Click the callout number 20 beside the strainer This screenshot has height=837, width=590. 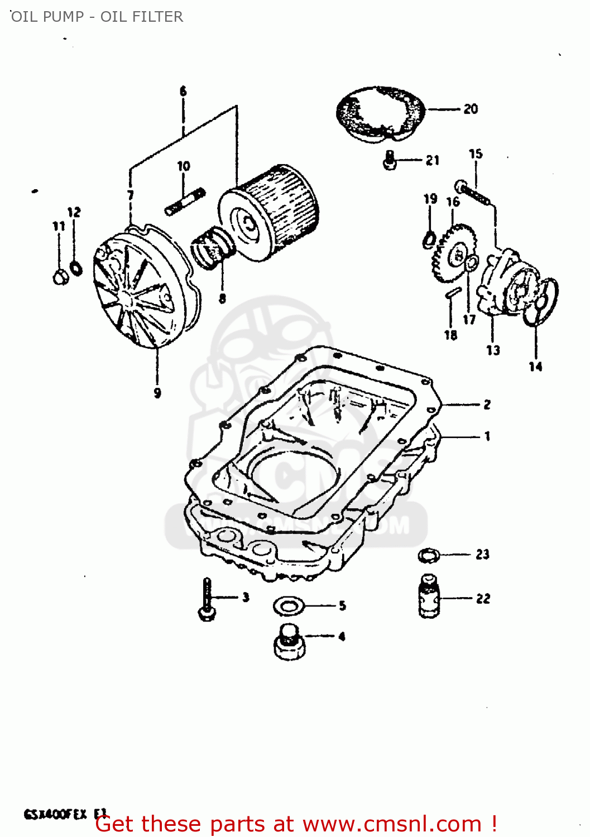click(471, 109)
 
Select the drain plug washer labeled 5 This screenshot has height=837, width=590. click(288, 605)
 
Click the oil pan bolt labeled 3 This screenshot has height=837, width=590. click(207, 600)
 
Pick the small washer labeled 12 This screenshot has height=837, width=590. click(76, 268)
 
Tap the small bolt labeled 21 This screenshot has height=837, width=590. click(390, 161)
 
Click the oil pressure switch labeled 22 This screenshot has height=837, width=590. click(429, 599)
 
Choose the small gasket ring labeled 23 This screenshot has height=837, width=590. click(429, 555)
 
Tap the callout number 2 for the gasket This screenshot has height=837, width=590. click(487, 405)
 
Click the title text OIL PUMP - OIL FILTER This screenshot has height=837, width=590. click(97, 17)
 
